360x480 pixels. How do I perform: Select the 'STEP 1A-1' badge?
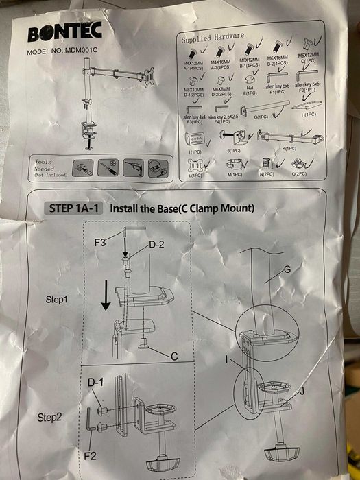73,207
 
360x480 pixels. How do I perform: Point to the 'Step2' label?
51,417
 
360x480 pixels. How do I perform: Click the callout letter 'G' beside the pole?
286,271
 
